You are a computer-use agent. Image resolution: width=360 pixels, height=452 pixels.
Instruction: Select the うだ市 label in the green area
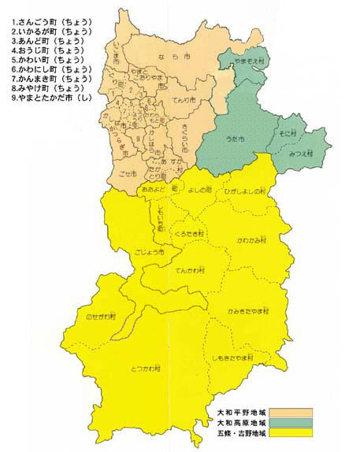(235, 139)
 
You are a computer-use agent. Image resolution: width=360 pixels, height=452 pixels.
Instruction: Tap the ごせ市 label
(129, 172)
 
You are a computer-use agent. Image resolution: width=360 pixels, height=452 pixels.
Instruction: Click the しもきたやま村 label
(233, 358)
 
